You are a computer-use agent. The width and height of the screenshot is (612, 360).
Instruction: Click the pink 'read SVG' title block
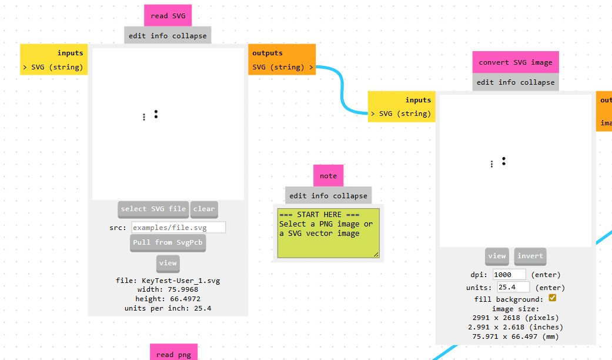tap(168, 16)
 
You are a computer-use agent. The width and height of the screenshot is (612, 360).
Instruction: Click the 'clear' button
tap(204, 209)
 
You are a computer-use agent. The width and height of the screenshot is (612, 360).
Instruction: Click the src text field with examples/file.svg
tap(178, 227)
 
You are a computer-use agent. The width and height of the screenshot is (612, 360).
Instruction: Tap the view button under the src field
tap(168, 263)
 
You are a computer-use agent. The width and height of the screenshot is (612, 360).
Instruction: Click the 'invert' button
tap(530, 256)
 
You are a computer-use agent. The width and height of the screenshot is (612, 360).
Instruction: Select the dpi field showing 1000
tap(509, 275)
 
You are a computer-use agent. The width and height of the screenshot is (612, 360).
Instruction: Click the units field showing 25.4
tap(513, 287)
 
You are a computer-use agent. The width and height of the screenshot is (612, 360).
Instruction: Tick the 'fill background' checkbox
tap(552, 298)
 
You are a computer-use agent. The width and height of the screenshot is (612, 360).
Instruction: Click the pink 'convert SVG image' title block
tap(516, 62)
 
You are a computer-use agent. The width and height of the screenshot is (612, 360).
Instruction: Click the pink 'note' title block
tap(328, 176)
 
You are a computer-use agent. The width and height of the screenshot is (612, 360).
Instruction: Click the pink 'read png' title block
tap(173, 354)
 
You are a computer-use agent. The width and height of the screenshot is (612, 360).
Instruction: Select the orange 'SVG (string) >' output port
tap(282, 67)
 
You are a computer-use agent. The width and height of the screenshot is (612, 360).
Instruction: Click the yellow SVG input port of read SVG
tap(53, 67)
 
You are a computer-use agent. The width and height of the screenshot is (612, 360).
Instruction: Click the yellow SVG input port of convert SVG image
tap(402, 114)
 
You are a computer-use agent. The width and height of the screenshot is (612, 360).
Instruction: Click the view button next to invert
tap(497, 256)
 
